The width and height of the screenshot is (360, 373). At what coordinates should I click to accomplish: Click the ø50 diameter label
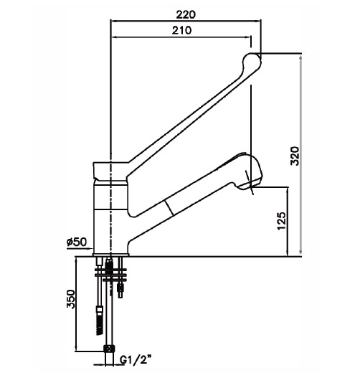[x=76, y=242]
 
